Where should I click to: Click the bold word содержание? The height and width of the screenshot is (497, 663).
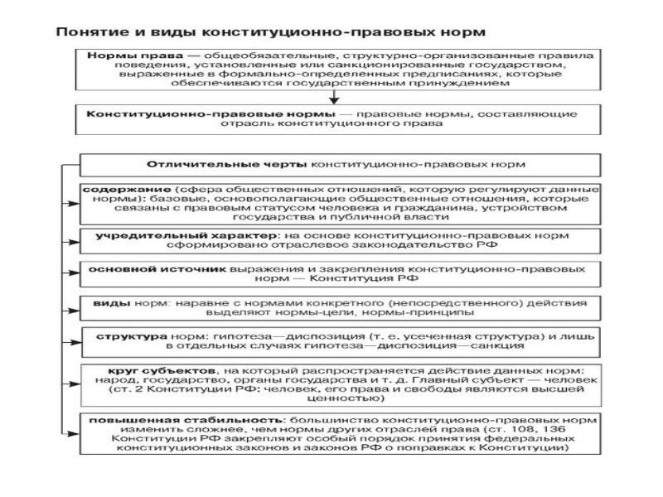click(x=116, y=190)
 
